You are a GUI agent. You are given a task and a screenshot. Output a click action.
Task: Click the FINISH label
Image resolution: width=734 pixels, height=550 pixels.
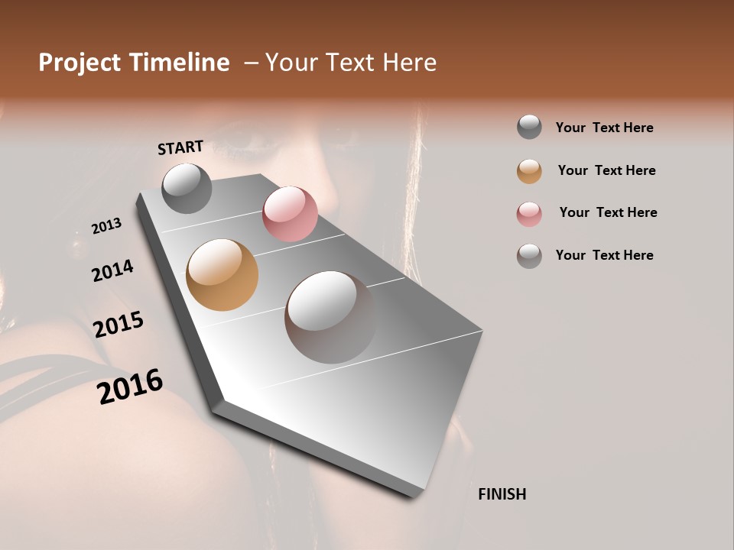click(x=502, y=494)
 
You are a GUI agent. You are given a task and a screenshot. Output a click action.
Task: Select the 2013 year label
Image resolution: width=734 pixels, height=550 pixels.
click(x=106, y=226)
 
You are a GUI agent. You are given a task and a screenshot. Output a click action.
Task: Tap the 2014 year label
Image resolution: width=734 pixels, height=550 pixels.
click(x=112, y=270)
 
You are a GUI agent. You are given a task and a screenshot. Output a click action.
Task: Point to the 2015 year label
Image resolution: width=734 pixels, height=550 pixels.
click(x=119, y=325)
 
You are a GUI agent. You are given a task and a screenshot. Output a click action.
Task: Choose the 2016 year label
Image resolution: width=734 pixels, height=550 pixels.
click(x=130, y=387)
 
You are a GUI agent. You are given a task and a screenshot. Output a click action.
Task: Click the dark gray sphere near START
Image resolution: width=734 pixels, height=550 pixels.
click(x=187, y=188)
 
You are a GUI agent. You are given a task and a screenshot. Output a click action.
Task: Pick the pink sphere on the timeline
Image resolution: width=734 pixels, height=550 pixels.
click(x=290, y=214)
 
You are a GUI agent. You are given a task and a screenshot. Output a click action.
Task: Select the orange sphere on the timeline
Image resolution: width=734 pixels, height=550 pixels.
click(x=222, y=275)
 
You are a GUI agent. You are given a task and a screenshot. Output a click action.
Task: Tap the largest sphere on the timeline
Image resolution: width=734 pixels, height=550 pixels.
click(x=330, y=317)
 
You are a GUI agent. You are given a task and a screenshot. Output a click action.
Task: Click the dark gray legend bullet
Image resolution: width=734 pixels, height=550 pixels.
click(x=529, y=128)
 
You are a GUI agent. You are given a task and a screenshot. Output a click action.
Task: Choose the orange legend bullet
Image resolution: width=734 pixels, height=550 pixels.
click(x=529, y=171)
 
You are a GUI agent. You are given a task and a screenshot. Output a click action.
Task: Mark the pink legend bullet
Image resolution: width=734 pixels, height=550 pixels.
click(x=529, y=213)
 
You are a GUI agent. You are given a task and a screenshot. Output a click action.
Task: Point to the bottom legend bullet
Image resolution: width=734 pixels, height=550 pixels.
click(x=529, y=256)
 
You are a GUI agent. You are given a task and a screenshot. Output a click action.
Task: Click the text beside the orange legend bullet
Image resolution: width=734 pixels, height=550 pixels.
click(x=606, y=170)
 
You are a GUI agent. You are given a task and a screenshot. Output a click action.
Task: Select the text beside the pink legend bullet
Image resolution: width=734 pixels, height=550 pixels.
click(x=608, y=212)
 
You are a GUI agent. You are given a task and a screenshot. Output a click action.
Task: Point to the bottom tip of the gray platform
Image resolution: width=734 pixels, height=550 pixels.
click(x=414, y=497)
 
